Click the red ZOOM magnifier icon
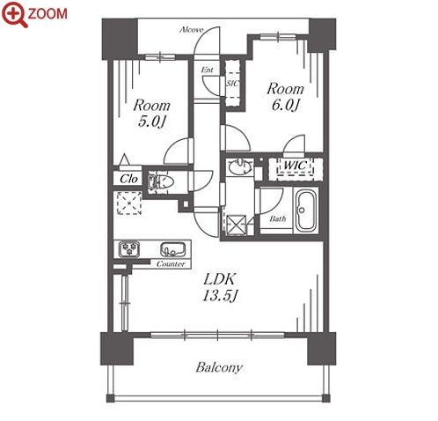15,14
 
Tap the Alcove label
191,30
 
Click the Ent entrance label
207,70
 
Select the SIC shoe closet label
232,84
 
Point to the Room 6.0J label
285,97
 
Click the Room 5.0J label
151,114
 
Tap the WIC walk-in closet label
296,166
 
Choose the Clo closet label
128,179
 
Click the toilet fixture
161,181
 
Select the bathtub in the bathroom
306,210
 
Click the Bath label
278,218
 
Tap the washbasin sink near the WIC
240,167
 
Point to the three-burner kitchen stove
129,249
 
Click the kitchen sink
172,249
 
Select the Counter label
171,264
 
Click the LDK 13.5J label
220,287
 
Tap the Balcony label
219,367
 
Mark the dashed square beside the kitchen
129,203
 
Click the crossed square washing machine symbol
237,225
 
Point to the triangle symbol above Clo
125,159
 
